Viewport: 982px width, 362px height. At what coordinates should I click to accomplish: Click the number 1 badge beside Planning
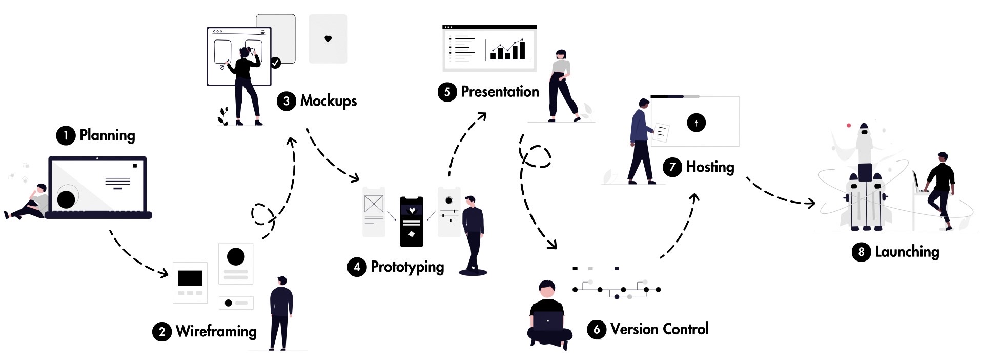tap(66, 136)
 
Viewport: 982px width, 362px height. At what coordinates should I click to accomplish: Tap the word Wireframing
tap(216, 331)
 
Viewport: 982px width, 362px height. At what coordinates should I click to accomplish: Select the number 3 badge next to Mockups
tap(286, 101)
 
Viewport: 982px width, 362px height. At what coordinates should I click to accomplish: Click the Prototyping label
tap(407, 267)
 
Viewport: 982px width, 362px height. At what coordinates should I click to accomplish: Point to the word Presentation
tap(500, 92)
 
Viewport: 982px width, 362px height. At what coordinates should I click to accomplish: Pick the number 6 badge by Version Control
tap(596, 329)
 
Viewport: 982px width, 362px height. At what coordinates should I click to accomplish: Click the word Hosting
tap(710, 167)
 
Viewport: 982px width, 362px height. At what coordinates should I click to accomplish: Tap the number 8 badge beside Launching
tap(861, 252)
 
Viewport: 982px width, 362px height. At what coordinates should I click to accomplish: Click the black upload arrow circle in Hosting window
tap(696, 123)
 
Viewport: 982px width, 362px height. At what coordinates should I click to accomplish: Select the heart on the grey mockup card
tap(328, 38)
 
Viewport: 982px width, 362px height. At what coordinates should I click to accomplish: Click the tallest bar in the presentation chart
tap(522, 50)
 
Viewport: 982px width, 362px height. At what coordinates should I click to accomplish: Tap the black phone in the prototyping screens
tap(412, 222)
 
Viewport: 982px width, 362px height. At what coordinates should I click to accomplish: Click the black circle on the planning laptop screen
tap(66, 199)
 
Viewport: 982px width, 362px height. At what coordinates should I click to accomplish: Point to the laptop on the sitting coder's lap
tap(548, 321)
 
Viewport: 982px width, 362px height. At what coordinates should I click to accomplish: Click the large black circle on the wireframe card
tap(236, 256)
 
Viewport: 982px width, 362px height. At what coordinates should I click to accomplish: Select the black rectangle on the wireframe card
tap(190, 278)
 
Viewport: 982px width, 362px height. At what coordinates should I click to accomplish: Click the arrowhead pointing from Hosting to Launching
tap(811, 203)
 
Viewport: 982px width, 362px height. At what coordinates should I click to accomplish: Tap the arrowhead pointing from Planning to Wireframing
tap(164, 273)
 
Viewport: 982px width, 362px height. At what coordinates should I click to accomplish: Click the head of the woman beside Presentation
tap(561, 55)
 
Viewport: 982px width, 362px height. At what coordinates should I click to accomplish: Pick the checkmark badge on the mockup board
tap(276, 63)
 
